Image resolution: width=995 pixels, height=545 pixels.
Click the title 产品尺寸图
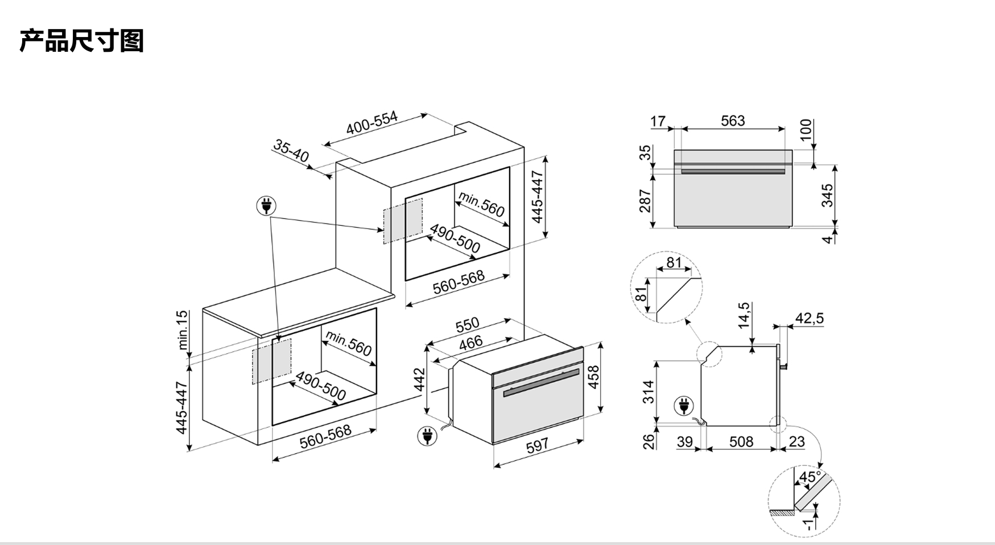(81, 41)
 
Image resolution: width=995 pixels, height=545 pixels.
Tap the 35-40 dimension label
(291, 151)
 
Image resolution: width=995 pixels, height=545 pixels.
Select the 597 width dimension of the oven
(537, 445)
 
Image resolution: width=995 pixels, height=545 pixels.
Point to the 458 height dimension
(592, 377)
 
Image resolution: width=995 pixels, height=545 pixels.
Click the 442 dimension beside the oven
(419, 380)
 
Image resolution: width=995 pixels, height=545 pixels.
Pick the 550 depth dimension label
(468, 325)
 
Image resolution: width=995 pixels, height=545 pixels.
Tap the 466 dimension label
(471, 342)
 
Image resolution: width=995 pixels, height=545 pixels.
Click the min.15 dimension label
(182, 330)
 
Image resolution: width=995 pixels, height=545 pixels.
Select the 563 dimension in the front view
(733, 121)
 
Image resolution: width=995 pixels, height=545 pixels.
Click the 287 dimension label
(645, 201)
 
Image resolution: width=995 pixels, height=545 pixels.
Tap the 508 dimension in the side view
(741, 441)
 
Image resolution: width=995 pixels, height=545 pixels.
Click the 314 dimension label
(649, 392)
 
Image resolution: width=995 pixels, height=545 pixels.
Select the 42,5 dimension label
(810, 318)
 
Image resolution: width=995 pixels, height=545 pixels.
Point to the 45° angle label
(810, 477)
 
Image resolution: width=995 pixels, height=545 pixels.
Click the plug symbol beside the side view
(684, 406)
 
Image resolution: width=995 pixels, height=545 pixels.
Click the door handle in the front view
(733, 171)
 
